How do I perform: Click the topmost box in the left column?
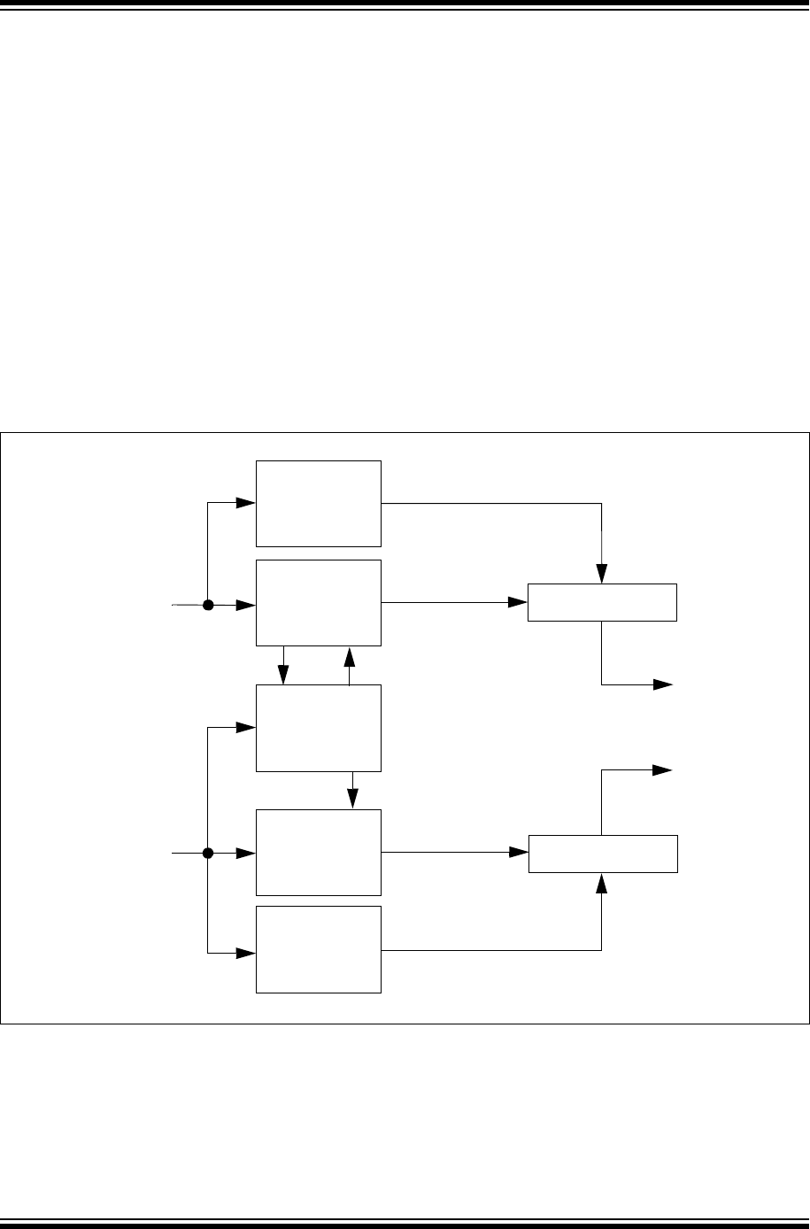[x=319, y=503]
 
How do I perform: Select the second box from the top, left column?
[x=319, y=602]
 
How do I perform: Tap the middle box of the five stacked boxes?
[x=319, y=728]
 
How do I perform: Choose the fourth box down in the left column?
[x=319, y=853]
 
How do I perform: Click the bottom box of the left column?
[x=319, y=949]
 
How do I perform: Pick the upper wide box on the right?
[x=602, y=602]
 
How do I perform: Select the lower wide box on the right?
[x=603, y=854]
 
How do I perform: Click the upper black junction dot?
[x=208, y=606]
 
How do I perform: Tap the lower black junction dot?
[x=208, y=854]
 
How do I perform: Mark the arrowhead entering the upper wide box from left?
[x=519, y=602]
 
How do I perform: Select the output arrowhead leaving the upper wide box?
[x=663, y=684]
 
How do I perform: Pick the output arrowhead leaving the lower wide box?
[x=663, y=770]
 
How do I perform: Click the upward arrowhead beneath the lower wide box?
[x=602, y=881]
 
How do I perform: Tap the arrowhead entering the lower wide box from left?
[x=519, y=854]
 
